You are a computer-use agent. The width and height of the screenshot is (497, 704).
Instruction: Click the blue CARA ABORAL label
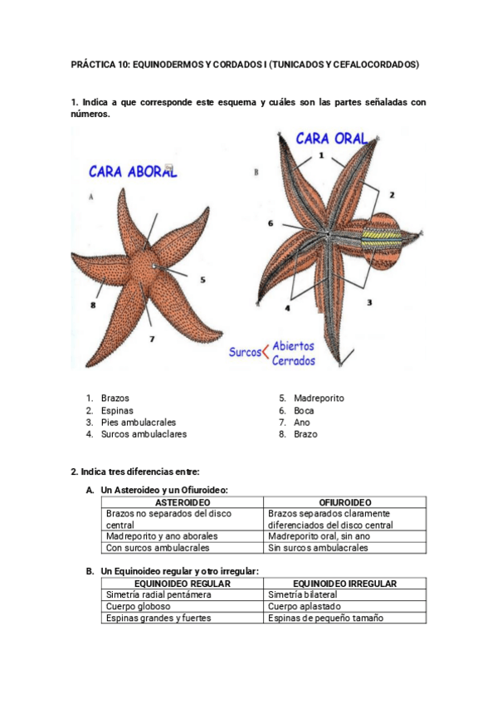tap(133, 172)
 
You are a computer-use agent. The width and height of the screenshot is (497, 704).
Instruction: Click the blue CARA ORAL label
tap(332, 139)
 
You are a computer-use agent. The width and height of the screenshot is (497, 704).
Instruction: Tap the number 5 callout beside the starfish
tap(202, 280)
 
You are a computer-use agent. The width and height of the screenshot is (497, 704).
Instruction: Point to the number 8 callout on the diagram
tap(93, 306)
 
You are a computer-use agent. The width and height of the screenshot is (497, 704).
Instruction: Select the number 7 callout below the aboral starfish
tap(152, 339)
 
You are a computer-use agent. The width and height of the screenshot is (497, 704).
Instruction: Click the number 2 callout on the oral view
tap(392, 195)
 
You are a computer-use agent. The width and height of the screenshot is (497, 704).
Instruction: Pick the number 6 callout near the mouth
tap(270, 223)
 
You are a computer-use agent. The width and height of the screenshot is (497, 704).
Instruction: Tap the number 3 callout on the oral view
tap(369, 303)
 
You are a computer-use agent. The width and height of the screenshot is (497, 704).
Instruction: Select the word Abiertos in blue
tap(293, 345)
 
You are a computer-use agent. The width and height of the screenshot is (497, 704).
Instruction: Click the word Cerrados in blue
tap(294, 360)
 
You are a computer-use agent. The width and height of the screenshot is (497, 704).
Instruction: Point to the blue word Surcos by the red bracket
tap(245, 352)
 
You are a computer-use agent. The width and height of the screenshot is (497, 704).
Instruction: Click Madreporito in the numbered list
tap(319, 398)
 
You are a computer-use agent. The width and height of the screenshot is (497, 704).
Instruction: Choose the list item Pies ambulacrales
tap(139, 423)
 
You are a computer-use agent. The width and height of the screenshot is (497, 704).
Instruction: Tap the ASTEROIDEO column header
tap(183, 502)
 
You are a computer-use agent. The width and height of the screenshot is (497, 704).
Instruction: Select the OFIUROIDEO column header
tap(345, 502)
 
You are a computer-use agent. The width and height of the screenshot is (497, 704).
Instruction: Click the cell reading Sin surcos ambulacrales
tap(318, 548)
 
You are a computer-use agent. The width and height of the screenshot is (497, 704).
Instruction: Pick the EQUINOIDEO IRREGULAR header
tap(345, 584)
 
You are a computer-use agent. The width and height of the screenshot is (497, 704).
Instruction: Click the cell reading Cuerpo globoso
tap(139, 606)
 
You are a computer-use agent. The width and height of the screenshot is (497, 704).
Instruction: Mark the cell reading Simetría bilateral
tap(302, 594)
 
